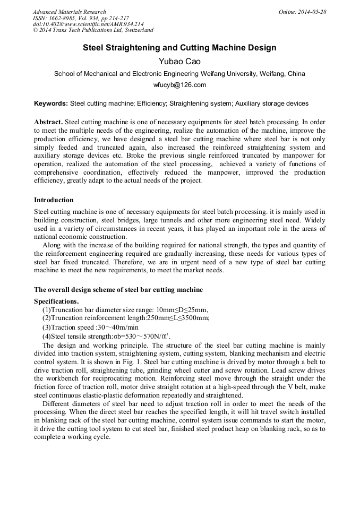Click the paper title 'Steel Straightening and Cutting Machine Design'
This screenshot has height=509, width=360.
click(179, 48)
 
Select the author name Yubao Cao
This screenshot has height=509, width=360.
click(179, 61)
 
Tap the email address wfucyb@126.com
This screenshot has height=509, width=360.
click(179, 85)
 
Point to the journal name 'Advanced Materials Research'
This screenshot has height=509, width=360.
click(70, 12)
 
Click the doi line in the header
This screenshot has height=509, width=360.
click(88, 24)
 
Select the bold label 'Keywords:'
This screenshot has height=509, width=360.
click(51, 103)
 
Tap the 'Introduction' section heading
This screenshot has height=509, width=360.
click(54, 200)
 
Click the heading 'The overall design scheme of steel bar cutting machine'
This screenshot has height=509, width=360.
click(118, 290)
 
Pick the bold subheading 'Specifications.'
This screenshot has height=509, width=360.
click(56, 301)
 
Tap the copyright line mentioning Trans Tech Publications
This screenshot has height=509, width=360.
click(93, 31)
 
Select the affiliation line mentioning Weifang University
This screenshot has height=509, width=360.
click(179, 74)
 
